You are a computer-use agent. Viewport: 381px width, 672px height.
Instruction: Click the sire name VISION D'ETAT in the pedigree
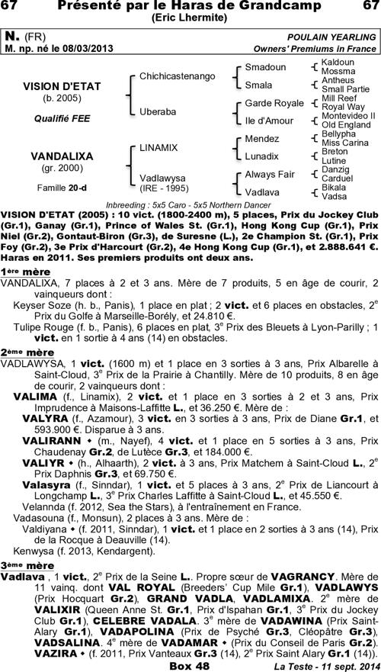pos(61,86)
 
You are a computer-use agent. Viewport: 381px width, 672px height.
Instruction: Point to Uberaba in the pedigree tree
pos(158,111)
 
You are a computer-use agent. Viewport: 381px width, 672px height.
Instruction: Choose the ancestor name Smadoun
pos(265,67)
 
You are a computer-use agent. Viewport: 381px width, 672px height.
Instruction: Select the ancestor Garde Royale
pos(274,103)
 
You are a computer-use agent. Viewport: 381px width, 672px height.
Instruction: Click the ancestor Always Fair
pos(270,174)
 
